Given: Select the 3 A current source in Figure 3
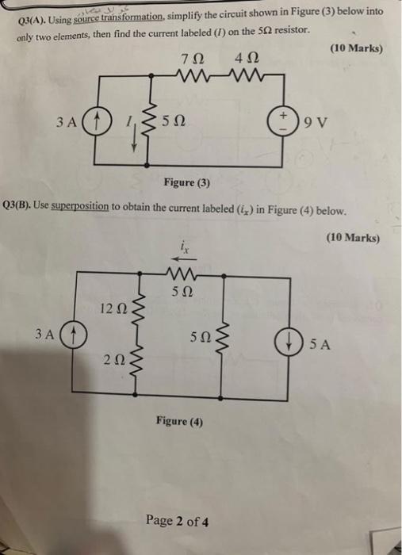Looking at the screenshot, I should [94, 123].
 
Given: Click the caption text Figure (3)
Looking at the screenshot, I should [187, 183].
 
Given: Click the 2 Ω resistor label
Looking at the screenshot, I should [113, 361].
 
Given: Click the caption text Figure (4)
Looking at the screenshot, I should [179, 422].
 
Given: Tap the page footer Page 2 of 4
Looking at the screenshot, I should [178, 521].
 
